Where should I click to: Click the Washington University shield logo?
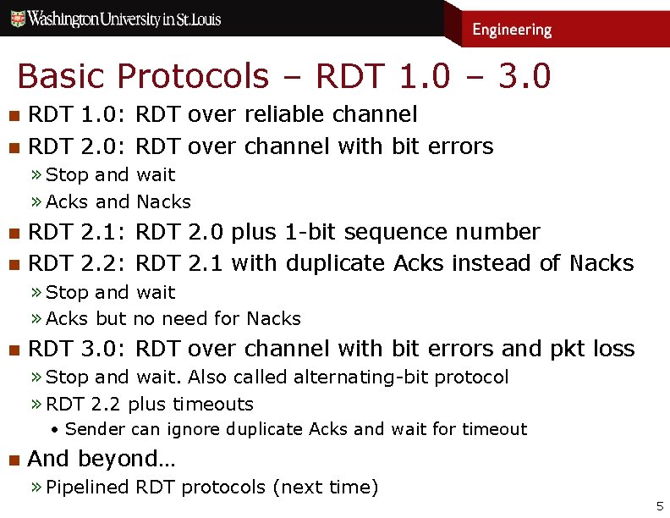[16, 19]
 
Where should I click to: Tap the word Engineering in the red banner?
[512, 30]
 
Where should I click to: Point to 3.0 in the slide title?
[524, 76]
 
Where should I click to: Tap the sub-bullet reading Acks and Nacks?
[118, 201]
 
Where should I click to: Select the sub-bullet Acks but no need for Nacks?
[173, 318]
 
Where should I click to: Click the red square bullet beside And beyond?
[13, 460]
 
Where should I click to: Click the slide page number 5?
[660, 506]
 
